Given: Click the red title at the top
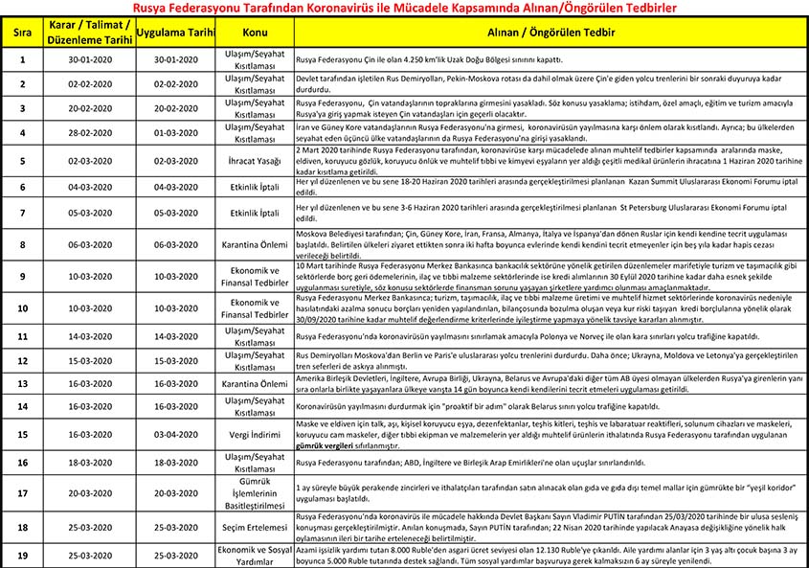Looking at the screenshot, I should click(404, 8).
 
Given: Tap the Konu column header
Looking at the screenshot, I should click(255, 32).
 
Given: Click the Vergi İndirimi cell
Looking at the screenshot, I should click(255, 433).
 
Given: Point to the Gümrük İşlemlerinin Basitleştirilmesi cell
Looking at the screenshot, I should click(255, 493).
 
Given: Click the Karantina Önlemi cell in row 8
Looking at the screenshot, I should click(255, 244).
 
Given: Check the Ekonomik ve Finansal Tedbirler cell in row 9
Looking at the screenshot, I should click(255, 277).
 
